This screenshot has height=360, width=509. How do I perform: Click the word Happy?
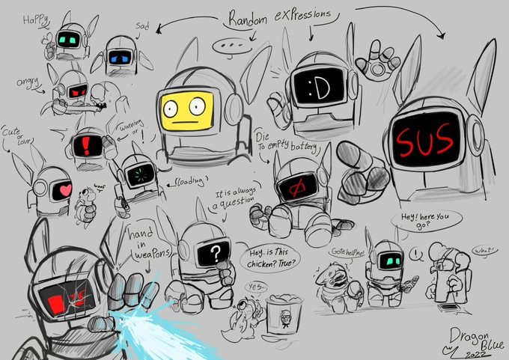pyautogui.click(x=34, y=20)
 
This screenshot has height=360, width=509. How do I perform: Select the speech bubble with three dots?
pyautogui.click(x=227, y=47)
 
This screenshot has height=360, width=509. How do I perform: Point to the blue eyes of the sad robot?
pyautogui.click(x=120, y=57)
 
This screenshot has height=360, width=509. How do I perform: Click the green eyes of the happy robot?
pyautogui.click(x=67, y=37)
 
